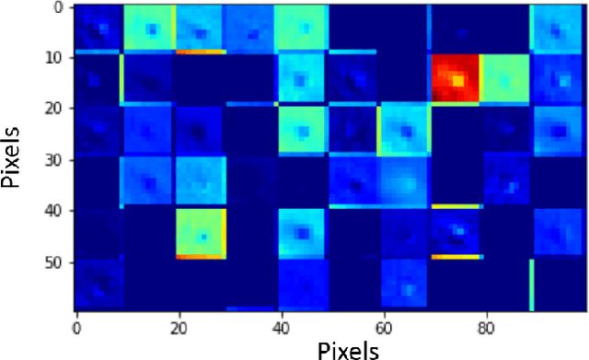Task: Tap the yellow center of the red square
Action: click(x=457, y=82)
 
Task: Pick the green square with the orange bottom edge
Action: click(x=202, y=232)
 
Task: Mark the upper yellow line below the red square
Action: click(x=455, y=206)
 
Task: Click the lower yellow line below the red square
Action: click(x=455, y=257)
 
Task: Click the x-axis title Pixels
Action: click(x=348, y=349)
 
